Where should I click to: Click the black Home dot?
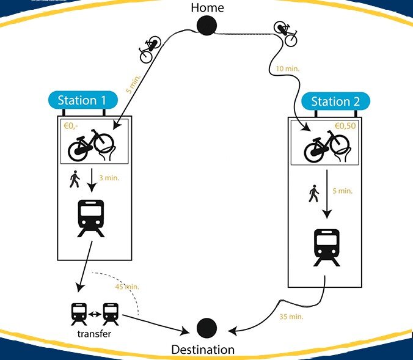point(207,26)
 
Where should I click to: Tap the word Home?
point(207,8)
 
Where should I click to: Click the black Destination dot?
point(207,328)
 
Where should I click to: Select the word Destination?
point(203,350)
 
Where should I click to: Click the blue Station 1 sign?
point(86,101)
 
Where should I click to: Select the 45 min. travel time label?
point(127,287)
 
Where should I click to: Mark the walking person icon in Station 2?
point(313,194)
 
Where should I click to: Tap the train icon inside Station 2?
point(327,247)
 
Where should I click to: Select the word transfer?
point(94,334)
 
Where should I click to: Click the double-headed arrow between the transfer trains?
point(94,315)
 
